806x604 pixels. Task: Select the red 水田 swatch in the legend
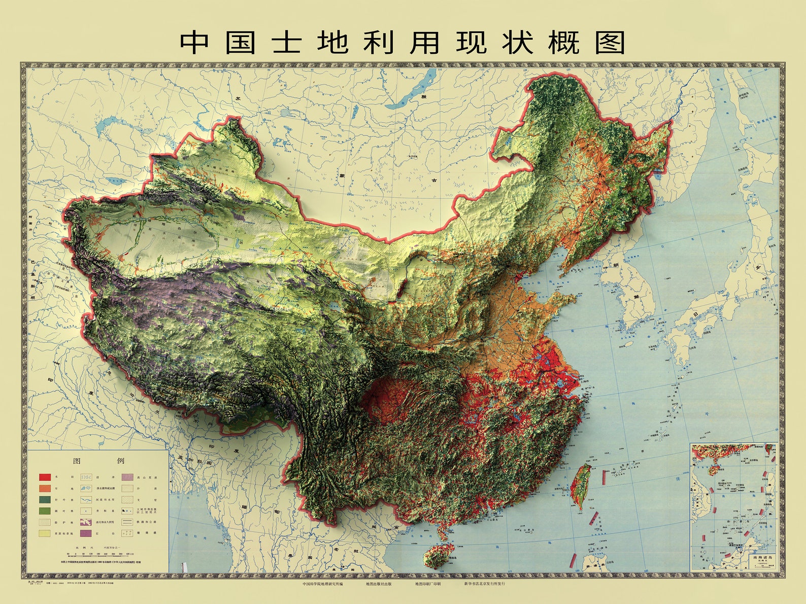click(x=45, y=477)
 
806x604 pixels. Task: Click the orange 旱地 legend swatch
click(x=45, y=488)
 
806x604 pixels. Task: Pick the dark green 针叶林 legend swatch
click(x=45, y=500)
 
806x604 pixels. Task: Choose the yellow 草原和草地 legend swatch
click(x=45, y=534)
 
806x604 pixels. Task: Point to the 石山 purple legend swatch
click(x=86, y=534)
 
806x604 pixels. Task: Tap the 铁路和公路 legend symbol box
click(x=127, y=522)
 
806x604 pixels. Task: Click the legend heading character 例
click(x=120, y=460)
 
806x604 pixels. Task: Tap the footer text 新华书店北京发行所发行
click(x=491, y=584)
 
